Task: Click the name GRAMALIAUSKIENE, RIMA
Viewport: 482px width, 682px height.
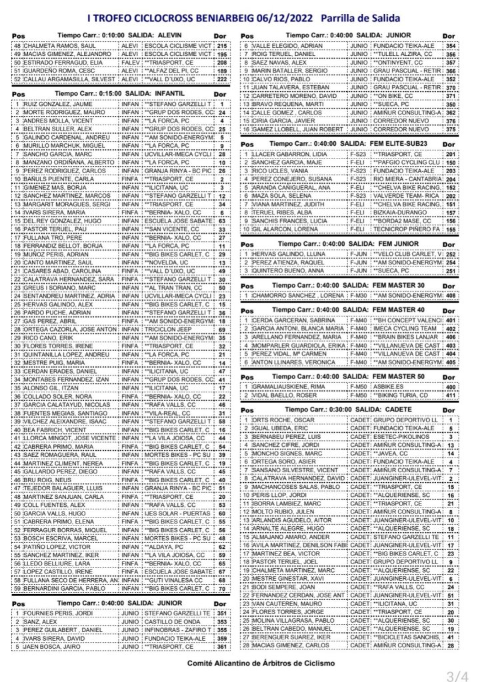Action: [x=288, y=387]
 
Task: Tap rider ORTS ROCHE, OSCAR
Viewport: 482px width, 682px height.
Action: [x=275, y=421]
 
